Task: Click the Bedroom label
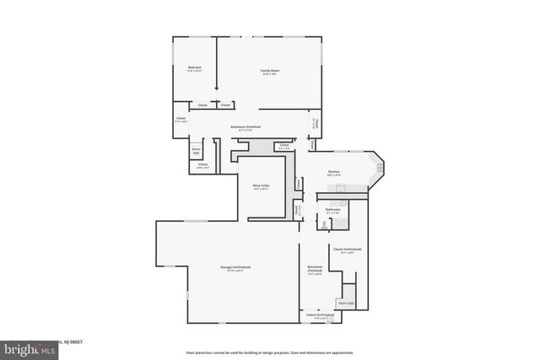194,68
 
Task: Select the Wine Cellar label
261,186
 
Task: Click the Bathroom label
332,211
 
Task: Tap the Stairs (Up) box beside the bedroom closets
197,152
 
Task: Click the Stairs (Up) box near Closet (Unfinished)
346,303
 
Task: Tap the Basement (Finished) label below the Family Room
249,128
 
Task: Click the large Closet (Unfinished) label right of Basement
347,250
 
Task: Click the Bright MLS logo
17,346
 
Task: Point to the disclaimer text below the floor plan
269,352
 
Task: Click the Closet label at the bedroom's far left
181,120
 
